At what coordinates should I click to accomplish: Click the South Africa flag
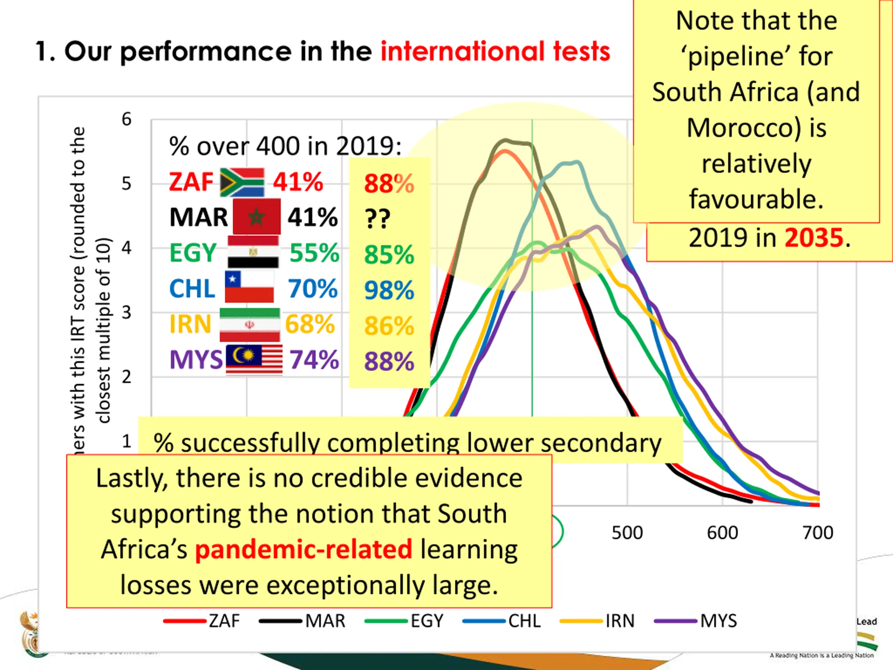pyautogui.click(x=242, y=182)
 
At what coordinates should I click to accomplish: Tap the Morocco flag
pyautogui.click(x=256, y=217)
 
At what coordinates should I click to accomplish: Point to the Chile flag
pyautogui.click(x=249, y=287)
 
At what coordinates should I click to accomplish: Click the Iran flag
pyautogui.click(x=249, y=325)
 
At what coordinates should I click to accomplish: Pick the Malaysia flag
pyautogui.click(x=254, y=360)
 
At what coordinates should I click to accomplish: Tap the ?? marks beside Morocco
pyautogui.click(x=377, y=219)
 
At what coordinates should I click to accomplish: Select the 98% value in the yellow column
pyautogui.click(x=389, y=290)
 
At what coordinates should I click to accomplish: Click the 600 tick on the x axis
pyautogui.click(x=722, y=533)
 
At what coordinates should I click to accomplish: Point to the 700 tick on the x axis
pyautogui.click(x=818, y=533)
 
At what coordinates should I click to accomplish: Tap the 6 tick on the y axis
pyautogui.click(x=126, y=119)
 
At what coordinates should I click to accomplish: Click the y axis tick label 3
pyautogui.click(x=126, y=313)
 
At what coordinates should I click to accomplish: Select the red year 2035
pyautogui.click(x=814, y=238)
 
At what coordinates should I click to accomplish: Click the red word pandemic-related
pyautogui.click(x=303, y=549)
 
